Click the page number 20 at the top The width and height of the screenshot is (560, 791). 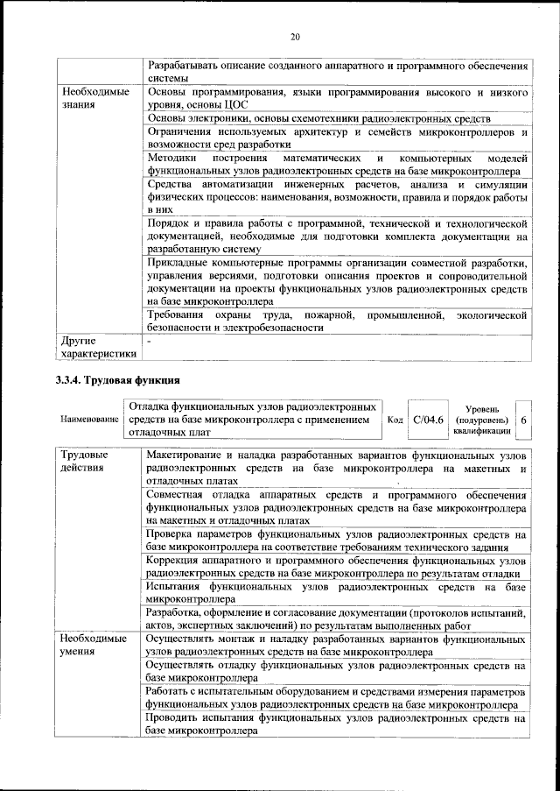click(x=295, y=36)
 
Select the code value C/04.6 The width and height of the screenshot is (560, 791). click(x=430, y=420)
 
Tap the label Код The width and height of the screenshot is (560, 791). click(x=395, y=420)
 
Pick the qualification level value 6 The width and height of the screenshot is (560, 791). click(x=523, y=420)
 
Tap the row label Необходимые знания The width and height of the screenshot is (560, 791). click(x=94, y=98)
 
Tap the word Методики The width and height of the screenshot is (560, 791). click(x=173, y=159)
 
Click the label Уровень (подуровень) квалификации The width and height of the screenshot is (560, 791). click(x=482, y=420)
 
